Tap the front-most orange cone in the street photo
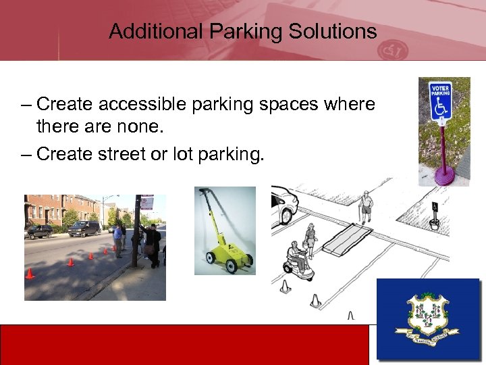29,273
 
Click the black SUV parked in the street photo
84,228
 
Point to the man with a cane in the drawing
366,207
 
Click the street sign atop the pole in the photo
146,202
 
